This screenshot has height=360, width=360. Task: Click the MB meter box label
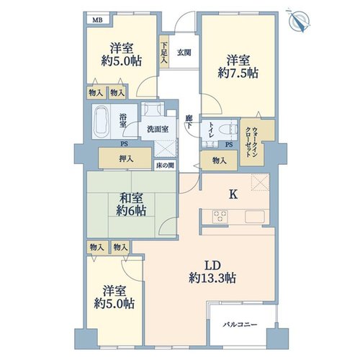97,20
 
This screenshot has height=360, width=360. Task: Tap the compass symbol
299,20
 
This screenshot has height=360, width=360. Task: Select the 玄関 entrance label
184,53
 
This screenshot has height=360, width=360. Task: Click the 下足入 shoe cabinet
164,52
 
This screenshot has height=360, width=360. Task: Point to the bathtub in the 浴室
102,122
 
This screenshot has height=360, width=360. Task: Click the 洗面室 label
158,129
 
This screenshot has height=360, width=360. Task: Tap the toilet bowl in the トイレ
226,130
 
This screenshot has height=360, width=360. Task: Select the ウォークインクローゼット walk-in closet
257,142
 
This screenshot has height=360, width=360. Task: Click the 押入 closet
125,158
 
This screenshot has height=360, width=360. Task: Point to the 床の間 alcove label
165,166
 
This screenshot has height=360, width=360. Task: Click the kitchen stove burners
220,217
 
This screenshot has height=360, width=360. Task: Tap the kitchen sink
254,217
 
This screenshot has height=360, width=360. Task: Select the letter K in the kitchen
233,194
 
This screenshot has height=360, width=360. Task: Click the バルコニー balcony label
240,325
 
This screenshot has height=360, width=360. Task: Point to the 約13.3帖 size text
212,279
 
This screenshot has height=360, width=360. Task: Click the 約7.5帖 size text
238,73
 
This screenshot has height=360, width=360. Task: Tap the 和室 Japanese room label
131,198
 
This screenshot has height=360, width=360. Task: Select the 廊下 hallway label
189,122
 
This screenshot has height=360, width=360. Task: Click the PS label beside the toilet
229,145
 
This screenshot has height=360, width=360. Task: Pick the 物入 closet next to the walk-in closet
220,161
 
